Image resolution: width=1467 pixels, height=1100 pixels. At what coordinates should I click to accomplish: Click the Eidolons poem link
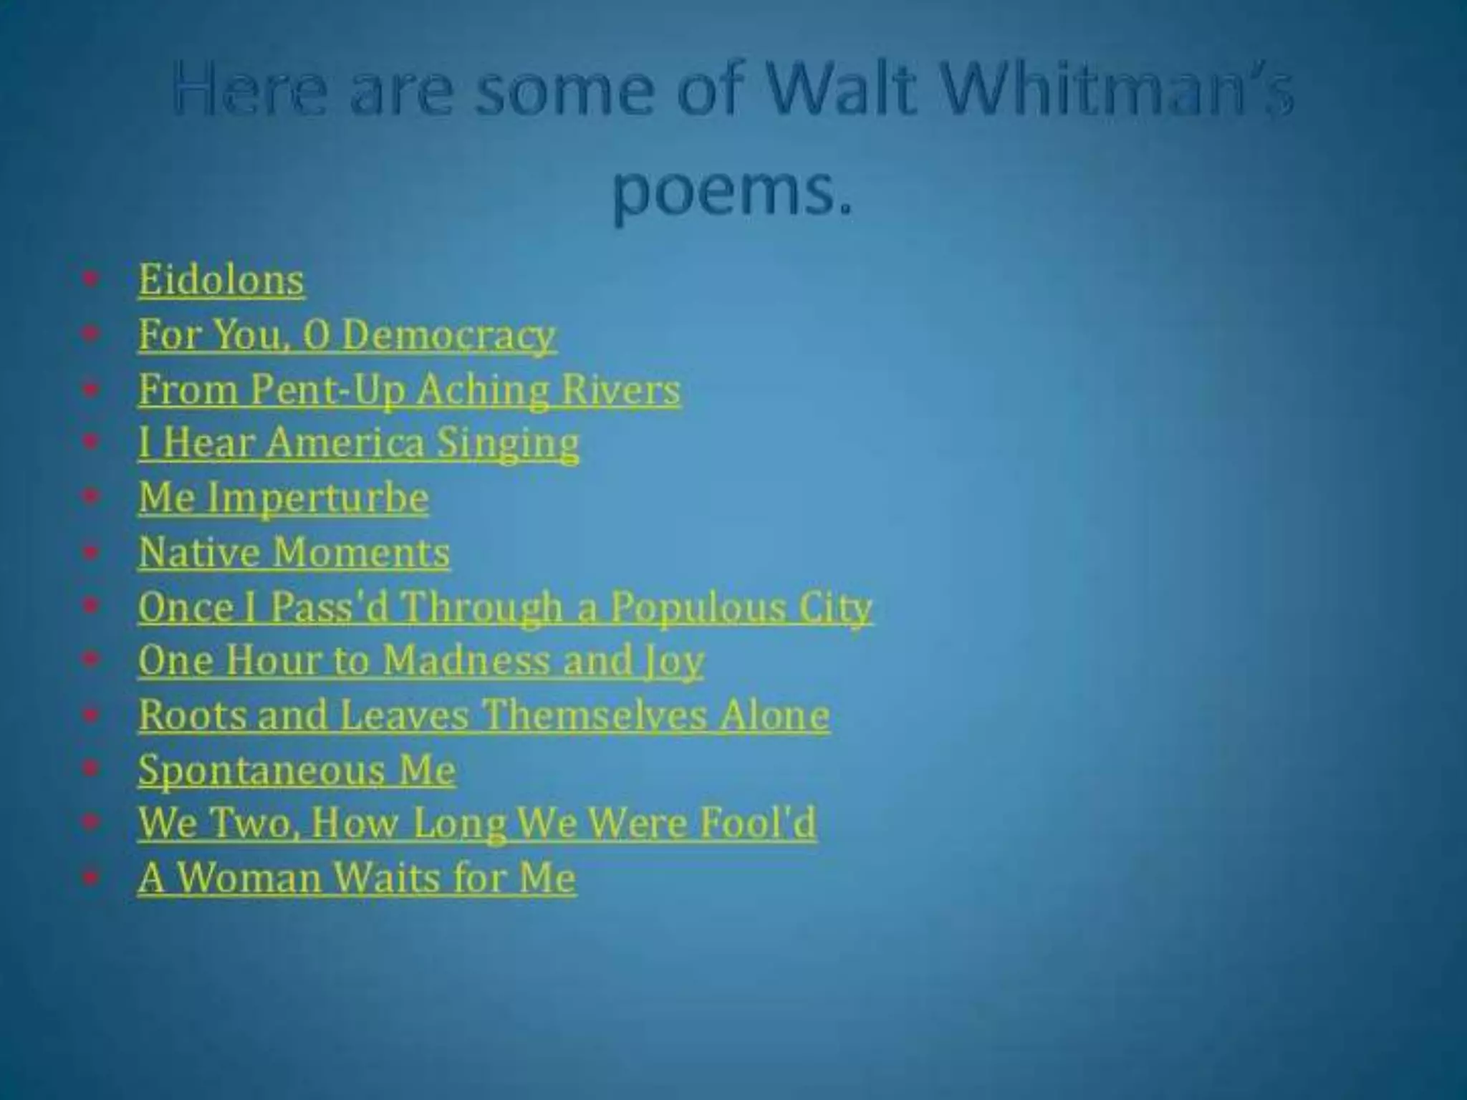point(221,279)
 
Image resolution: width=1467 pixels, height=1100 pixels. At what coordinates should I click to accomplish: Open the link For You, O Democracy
point(347,334)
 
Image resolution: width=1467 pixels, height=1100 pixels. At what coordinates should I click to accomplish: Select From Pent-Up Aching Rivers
point(409,390)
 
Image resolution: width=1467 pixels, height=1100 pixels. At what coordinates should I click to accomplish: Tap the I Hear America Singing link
point(358,443)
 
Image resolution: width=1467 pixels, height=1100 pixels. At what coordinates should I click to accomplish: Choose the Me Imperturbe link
point(284,498)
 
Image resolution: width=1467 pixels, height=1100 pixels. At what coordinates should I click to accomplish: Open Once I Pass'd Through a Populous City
point(505,607)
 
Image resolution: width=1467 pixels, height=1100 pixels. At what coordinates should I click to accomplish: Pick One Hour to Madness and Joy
point(421,660)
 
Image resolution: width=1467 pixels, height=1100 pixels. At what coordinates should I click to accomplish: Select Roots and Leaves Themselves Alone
point(484,715)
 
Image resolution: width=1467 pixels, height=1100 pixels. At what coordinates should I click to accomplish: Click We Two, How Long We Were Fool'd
point(477,824)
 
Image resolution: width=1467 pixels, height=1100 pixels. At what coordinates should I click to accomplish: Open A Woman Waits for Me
point(357,878)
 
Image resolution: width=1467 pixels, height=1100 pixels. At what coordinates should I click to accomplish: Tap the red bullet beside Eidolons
point(90,279)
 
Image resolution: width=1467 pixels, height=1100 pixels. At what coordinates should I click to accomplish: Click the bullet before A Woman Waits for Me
point(90,877)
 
